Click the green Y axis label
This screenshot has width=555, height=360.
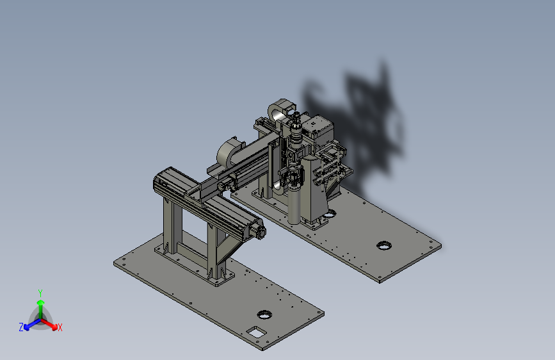click(x=40, y=293)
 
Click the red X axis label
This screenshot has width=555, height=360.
click(x=60, y=327)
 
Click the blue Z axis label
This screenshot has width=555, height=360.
click(x=21, y=327)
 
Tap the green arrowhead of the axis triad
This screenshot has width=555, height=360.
click(x=41, y=302)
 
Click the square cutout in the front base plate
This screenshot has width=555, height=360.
click(x=256, y=332)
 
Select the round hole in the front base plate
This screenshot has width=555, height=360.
click(x=264, y=315)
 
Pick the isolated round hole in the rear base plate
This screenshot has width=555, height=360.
click(x=384, y=245)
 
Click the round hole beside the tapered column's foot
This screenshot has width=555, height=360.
click(x=330, y=214)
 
